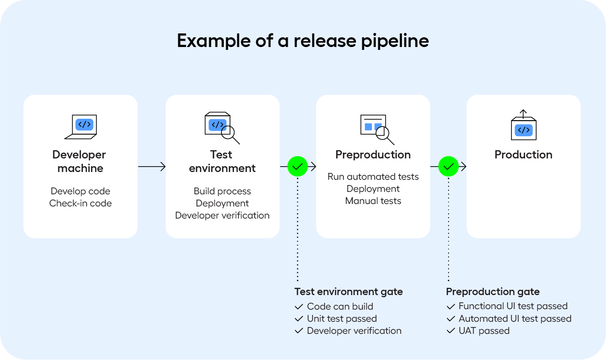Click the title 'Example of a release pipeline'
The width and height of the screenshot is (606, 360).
click(303, 41)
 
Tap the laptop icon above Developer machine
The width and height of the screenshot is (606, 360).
click(81, 126)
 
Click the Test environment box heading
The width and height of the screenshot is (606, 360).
click(222, 161)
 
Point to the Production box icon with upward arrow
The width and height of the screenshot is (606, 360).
click(523, 125)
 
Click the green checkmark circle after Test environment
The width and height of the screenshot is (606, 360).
click(297, 166)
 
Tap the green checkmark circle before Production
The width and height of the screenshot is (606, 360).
click(449, 166)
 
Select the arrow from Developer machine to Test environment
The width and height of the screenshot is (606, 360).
click(152, 166)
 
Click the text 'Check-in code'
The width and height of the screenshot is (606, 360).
click(80, 203)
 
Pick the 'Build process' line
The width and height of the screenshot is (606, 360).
click(222, 191)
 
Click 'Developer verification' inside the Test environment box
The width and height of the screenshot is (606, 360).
click(222, 216)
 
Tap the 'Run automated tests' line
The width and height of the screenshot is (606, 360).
click(373, 177)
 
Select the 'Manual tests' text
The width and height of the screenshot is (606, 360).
click(373, 201)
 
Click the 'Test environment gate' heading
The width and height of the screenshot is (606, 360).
click(348, 292)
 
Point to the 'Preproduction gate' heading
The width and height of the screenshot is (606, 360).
click(492, 292)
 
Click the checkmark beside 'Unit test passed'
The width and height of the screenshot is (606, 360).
click(298, 319)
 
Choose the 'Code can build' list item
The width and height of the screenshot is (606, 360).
click(340, 306)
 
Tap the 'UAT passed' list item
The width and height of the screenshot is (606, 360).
click(483, 331)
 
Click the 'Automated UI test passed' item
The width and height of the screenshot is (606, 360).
click(514, 319)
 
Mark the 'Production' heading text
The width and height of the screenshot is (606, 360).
click(523, 155)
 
